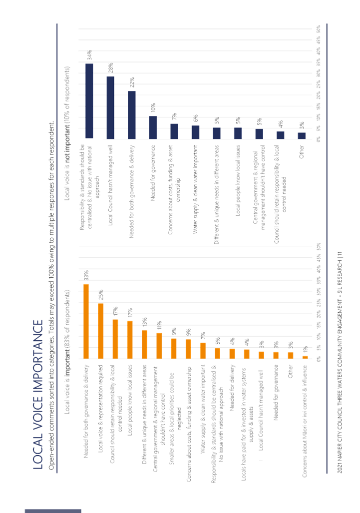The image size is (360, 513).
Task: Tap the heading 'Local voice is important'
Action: tap(68, 330)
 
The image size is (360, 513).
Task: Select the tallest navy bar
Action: tap(90, 100)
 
